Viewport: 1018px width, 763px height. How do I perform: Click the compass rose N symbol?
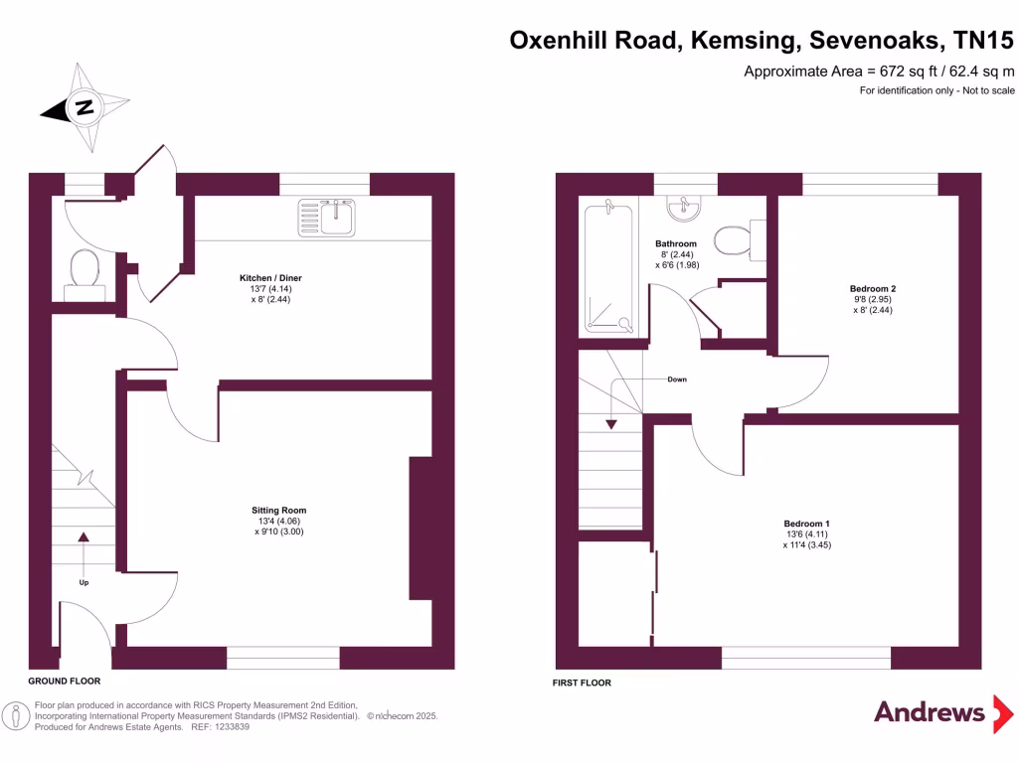point(85,107)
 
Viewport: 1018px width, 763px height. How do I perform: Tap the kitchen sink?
point(329,216)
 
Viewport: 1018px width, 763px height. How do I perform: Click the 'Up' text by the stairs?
point(84,582)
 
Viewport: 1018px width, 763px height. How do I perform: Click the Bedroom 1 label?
point(806,524)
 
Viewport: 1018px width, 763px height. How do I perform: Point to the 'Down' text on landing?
point(676,380)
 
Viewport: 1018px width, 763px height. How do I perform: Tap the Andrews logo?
point(930,712)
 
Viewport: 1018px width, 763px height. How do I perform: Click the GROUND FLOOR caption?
point(65,683)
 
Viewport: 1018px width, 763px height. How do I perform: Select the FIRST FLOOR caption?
point(582,683)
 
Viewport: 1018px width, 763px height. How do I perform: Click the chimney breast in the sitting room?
point(421,528)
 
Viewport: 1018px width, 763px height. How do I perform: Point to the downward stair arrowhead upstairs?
point(611,424)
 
